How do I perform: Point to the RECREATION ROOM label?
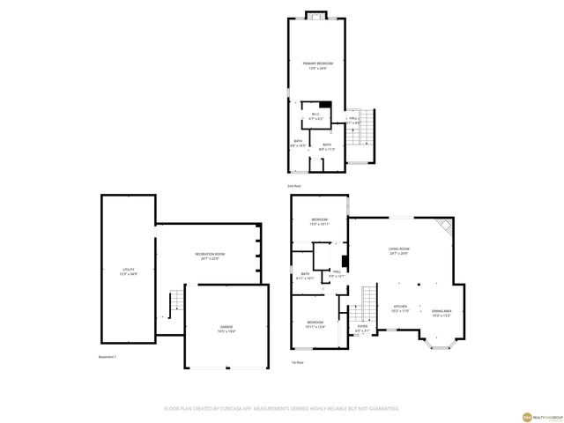(208, 254)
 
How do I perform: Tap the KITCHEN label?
(400, 308)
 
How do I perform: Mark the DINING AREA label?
(442, 311)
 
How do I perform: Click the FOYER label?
(362, 326)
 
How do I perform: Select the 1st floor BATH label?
(305, 274)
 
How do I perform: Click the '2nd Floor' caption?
(294, 187)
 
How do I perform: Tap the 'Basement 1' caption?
(109, 357)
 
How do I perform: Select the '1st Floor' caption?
(297, 362)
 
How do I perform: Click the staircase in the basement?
(176, 302)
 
